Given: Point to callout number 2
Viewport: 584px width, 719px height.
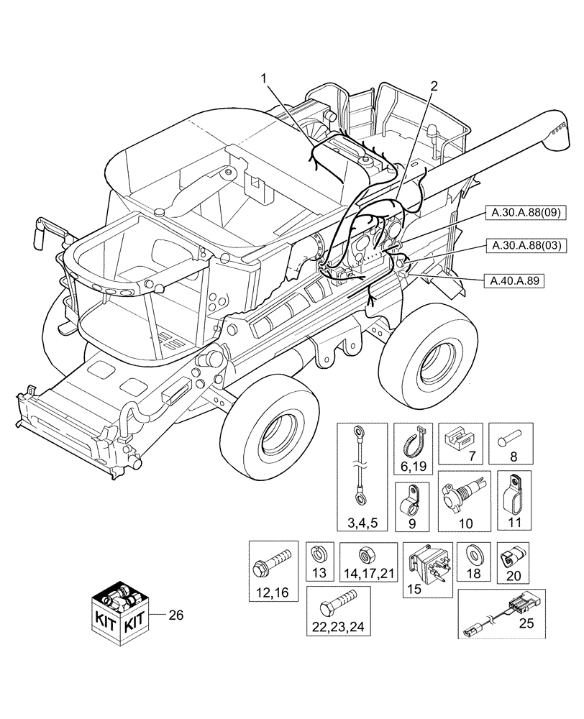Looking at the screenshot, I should [x=434, y=86].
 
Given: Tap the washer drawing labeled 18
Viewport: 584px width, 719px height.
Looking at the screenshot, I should [x=473, y=557].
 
